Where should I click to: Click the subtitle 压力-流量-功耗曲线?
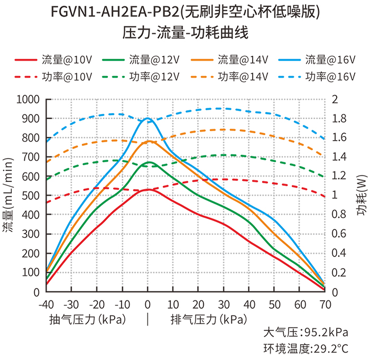click(185, 33)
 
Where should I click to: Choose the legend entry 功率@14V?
click(228, 76)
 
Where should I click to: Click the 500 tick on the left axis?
click(31, 196)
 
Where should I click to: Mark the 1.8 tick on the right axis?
click(338, 118)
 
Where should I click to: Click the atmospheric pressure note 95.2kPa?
click(306, 333)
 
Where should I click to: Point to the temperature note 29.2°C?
click(306, 348)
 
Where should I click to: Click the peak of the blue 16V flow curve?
click(147, 118)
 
